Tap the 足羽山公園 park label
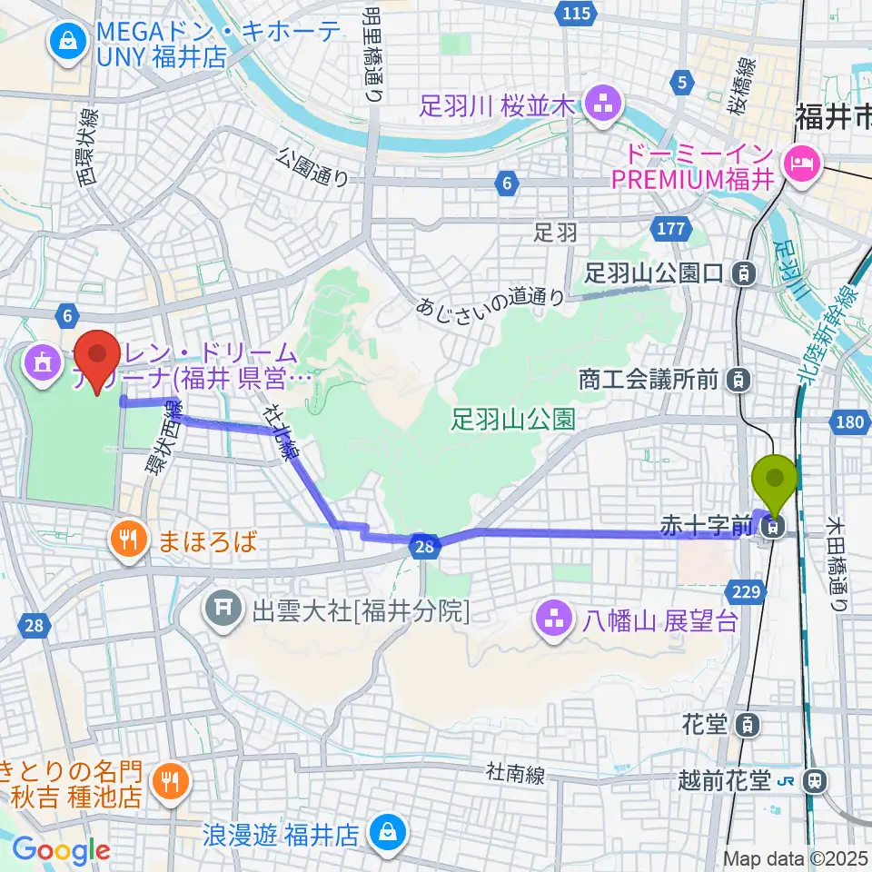513,419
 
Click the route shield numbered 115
577,13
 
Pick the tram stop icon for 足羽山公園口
745,272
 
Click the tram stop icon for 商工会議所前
741,378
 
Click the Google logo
61,850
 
